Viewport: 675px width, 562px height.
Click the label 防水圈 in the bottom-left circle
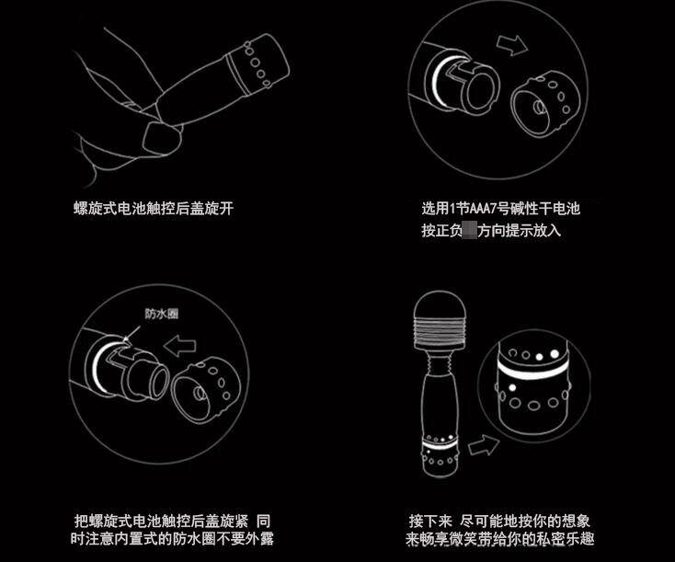pos(161,313)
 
